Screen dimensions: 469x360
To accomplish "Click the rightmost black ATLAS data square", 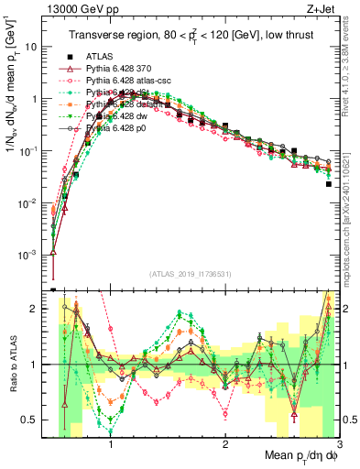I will [328, 184].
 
